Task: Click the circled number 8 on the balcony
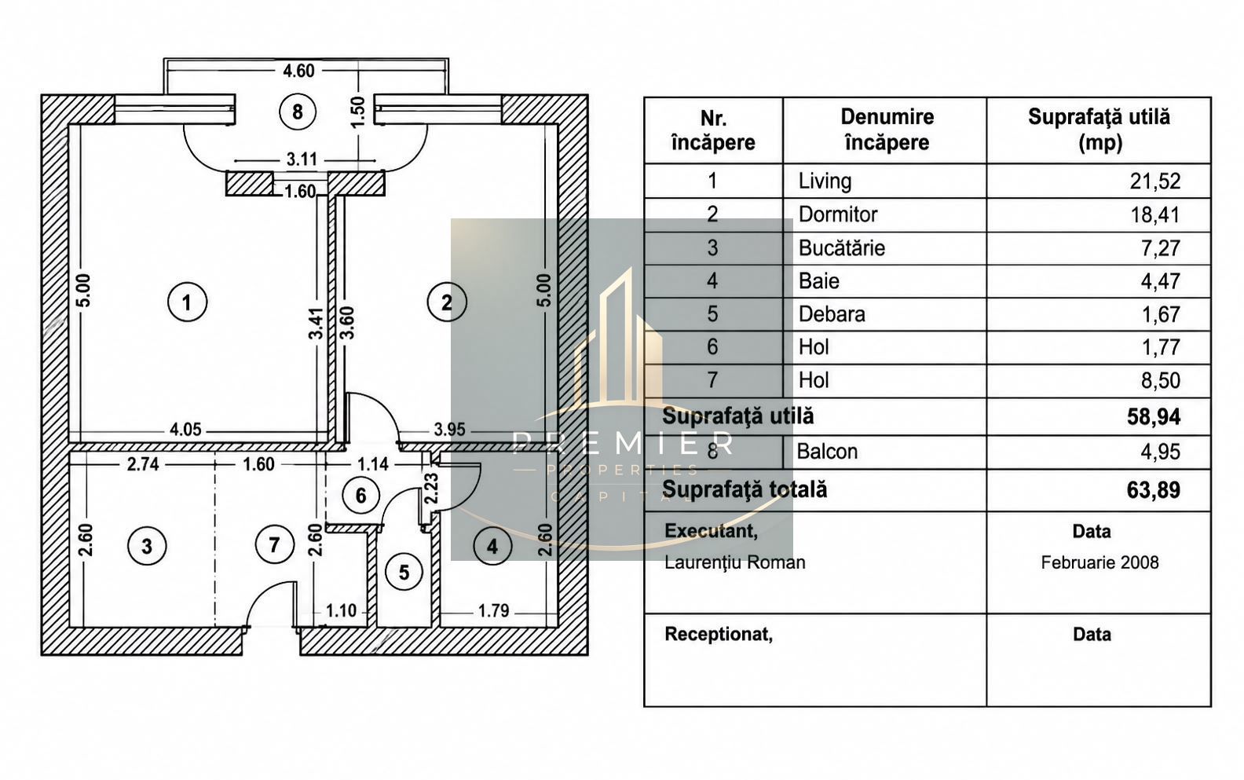click(298, 112)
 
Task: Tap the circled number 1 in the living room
click(187, 302)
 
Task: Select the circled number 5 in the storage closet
click(404, 572)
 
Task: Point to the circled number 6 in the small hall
click(361, 495)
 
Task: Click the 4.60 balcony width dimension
click(298, 71)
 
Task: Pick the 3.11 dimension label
click(302, 160)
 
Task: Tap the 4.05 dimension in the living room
click(185, 430)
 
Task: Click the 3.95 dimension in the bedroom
click(449, 430)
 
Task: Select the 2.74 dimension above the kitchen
click(143, 464)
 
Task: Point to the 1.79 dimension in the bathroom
click(494, 611)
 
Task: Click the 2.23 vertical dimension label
click(431, 489)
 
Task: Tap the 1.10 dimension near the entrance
click(341, 611)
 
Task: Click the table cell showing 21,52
click(1154, 181)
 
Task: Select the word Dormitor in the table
click(838, 214)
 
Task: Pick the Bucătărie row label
click(842, 247)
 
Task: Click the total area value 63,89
click(1154, 490)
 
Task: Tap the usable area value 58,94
click(1154, 416)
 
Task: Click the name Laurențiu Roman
click(735, 562)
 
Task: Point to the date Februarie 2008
click(1099, 562)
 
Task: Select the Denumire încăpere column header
click(887, 130)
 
